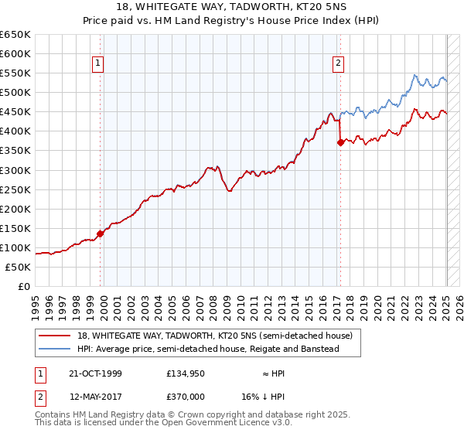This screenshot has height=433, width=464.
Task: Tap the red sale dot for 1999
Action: pyautogui.click(x=100, y=234)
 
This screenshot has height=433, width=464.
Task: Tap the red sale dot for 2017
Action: pyautogui.click(x=339, y=142)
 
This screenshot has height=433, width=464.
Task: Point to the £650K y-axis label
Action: pyautogui.click(x=15, y=35)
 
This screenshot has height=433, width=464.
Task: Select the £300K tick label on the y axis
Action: pyautogui.click(x=15, y=170)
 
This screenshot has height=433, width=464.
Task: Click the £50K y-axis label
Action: pyautogui.click(x=19, y=267)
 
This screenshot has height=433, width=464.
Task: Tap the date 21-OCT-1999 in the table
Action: pyautogui.click(x=95, y=373)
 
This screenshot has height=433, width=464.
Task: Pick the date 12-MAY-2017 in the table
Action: pyautogui.click(x=95, y=397)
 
